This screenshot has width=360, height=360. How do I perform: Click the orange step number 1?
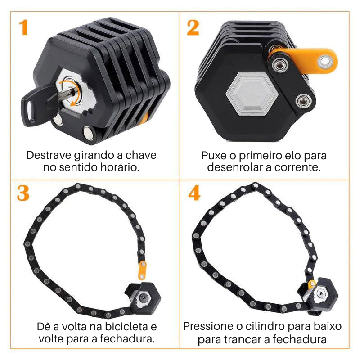pos(23,27)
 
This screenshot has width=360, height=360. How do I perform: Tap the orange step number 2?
pos(193,27)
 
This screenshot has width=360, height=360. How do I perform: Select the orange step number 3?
pos(23,193)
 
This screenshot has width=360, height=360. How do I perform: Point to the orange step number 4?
pos(194,193)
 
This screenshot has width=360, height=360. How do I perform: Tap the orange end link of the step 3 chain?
pos(142,270)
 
